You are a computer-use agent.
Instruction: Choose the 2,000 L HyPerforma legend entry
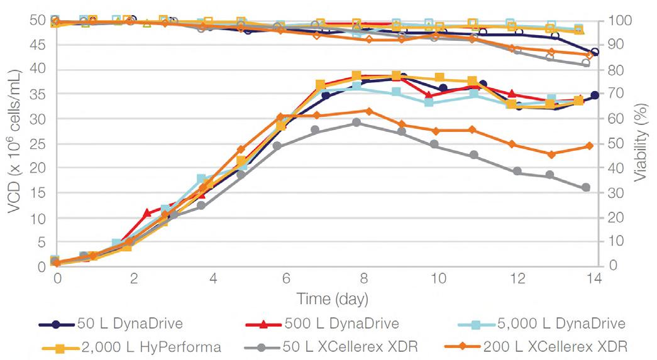[x=151, y=347]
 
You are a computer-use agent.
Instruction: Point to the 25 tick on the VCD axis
[x=39, y=143]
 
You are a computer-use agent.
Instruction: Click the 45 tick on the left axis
[x=39, y=45]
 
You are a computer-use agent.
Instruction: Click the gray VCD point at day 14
[x=586, y=187]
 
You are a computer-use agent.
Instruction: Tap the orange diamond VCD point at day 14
[x=590, y=146]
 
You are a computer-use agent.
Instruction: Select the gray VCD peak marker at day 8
[x=356, y=123]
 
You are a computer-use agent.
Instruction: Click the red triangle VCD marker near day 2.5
[x=147, y=213]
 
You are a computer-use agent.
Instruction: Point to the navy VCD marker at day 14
[x=595, y=95]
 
